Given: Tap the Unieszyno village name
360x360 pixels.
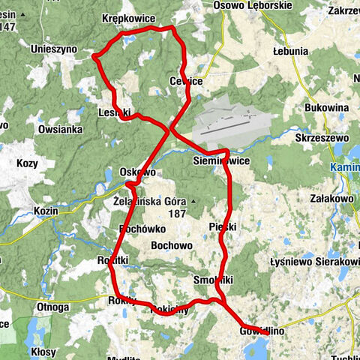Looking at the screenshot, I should (53, 48).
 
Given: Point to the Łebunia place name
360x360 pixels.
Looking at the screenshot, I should (291, 52).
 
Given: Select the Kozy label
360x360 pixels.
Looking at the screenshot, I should (27, 163).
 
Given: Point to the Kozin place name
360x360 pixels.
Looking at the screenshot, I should (46, 211).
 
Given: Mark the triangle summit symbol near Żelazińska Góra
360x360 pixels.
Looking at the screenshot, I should (193, 202).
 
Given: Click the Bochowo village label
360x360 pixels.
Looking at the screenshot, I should (172, 245).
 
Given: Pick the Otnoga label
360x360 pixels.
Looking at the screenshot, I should (52, 307).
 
